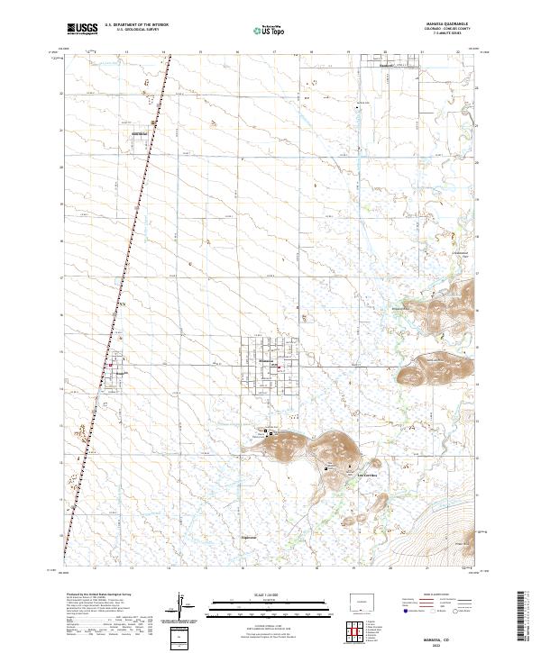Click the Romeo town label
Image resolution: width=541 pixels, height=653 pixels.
(x=118, y=371)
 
